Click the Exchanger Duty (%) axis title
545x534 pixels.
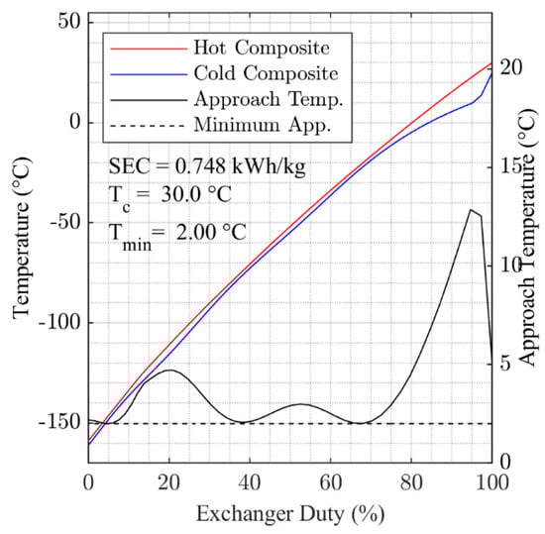click(290, 514)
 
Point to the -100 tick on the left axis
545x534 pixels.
click(61, 323)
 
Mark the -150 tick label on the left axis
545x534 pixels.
click(61, 423)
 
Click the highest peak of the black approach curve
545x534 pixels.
click(471, 209)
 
